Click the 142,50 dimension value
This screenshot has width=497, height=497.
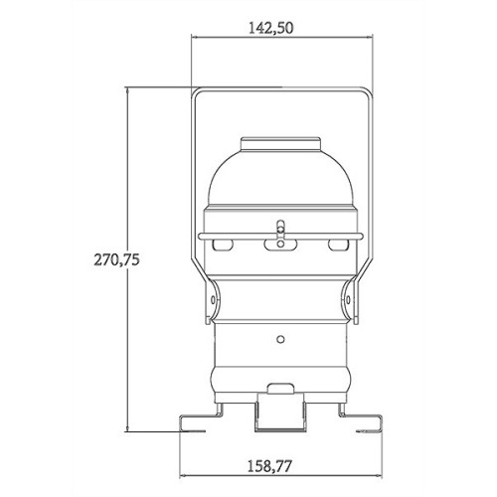(x=271, y=29)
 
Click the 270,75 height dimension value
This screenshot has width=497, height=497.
(x=116, y=259)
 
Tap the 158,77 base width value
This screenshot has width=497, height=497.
(x=269, y=466)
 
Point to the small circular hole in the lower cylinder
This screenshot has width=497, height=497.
(x=280, y=339)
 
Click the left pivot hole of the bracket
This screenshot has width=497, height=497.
(x=213, y=300)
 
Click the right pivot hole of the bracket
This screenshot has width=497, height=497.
(x=348, y=300)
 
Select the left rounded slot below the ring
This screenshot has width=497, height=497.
(x=223, y=245)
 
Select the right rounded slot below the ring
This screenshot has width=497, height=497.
(x=339, y=245)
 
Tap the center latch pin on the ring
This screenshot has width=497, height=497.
(x=280, y=229)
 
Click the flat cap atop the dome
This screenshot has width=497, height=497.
(x=280, y=144)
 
